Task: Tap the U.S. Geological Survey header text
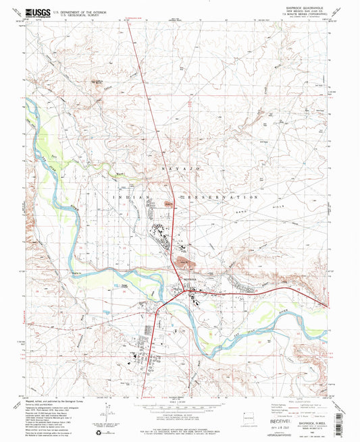[73, 14]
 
